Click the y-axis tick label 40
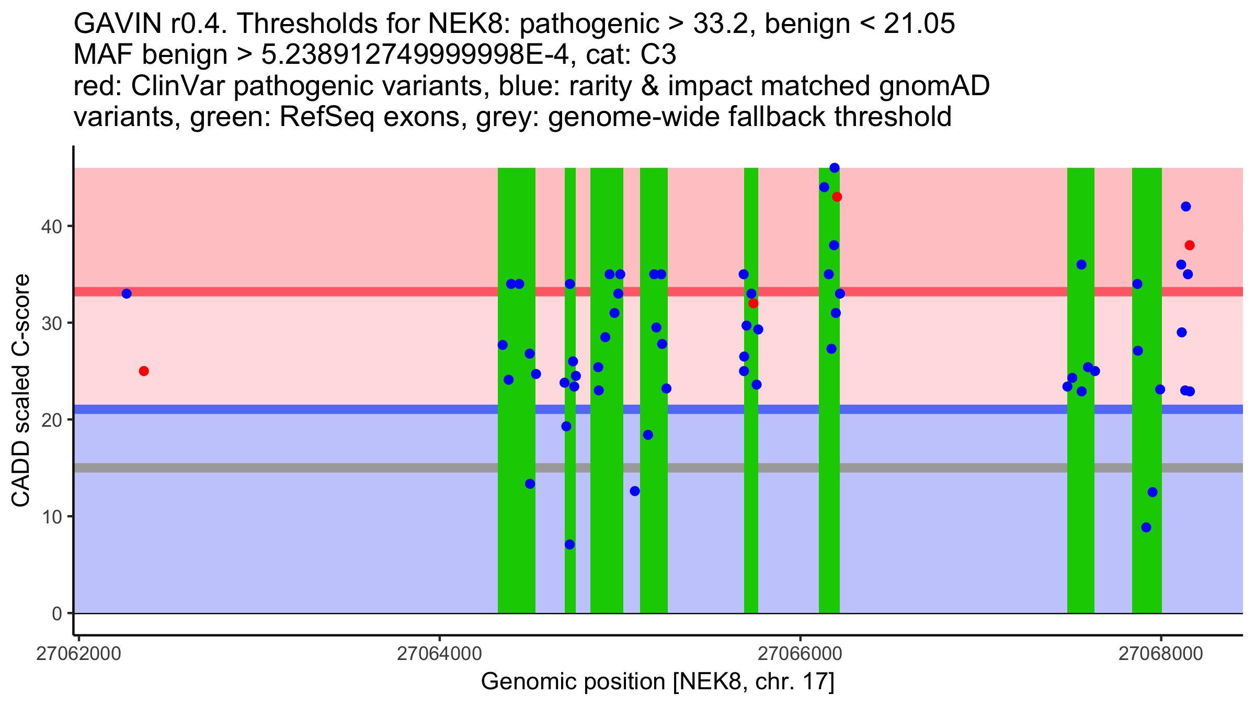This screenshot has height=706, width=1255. pyautogui.click(x=51, y=226)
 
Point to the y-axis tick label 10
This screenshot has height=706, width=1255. pyautogui.click(x=51, y=517)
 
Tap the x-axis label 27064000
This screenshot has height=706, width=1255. pyautogui.click(x=439, y=654)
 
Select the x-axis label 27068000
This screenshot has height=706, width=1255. pyautogui.click(x=1160, y=654)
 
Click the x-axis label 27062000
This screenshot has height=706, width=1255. pyautogui.click(x=78, y=654)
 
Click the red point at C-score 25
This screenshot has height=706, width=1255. pyautogui.click(x=144, y=371)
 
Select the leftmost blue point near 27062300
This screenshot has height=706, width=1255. pyautogui.click(x=127, y=294)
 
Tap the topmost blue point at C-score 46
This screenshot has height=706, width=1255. pyautogui.click(x=835, y=168)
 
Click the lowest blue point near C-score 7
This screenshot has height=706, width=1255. pyautogui.click(x=570, y=545)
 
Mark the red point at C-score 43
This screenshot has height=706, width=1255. pyautogui.click(x=837, y=197)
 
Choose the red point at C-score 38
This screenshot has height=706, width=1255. pyautogui.click(x=1190, y=245)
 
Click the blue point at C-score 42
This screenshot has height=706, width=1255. pyautogui.click(x=1186, y=207)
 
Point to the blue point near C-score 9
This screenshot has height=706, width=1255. pyautogui.click(x=1146, y=527)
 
